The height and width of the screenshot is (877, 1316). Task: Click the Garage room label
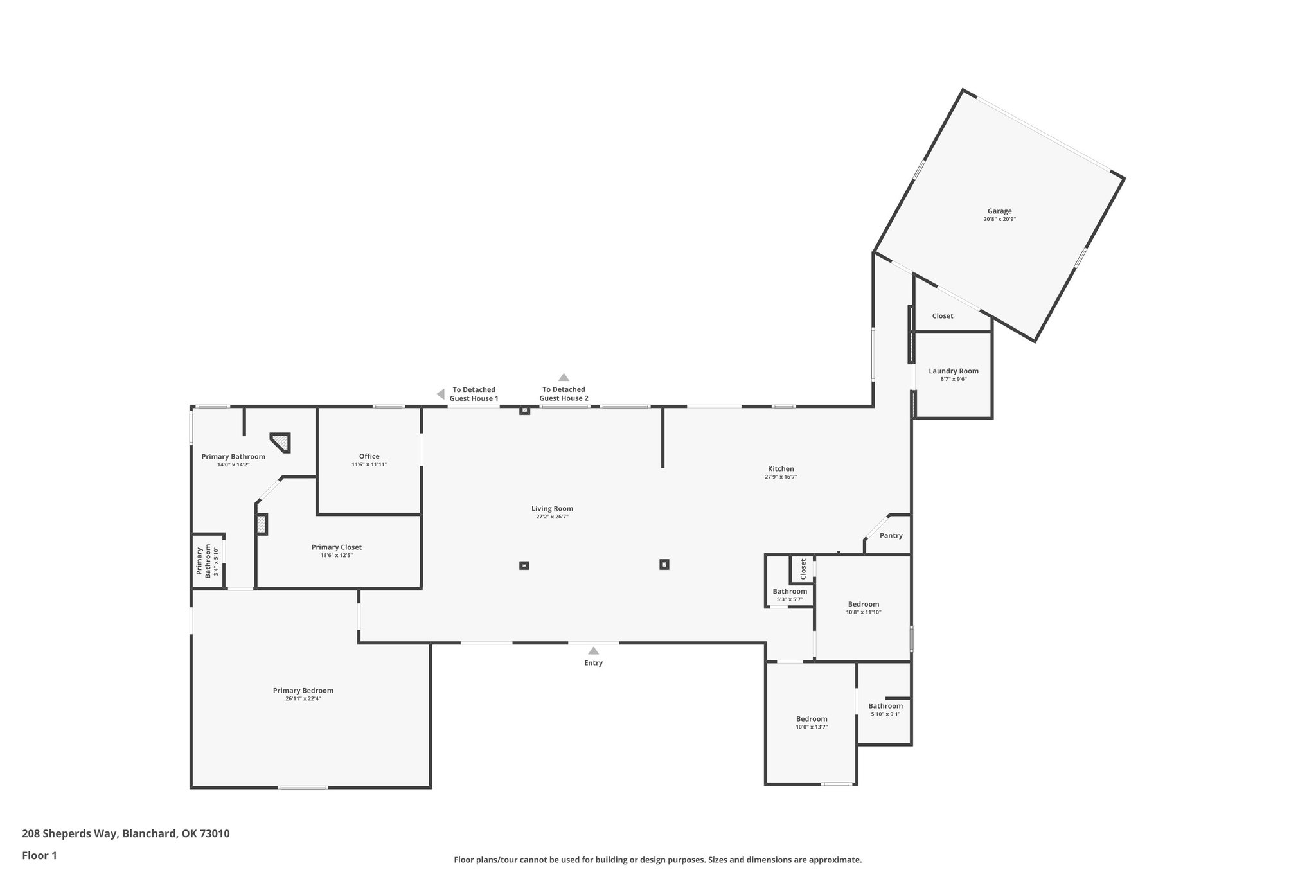(999, 211)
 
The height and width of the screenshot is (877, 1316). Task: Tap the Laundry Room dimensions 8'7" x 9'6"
(954, 379)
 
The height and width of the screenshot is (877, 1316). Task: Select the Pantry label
(891, 535)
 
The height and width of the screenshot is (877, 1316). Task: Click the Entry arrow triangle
(593, 651)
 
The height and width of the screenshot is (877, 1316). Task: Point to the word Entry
(593, 663)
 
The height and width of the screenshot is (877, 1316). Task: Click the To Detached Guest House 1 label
(474, 394)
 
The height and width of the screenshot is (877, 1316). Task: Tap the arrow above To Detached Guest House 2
(564, 377)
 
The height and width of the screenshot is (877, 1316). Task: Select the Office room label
(369, 456)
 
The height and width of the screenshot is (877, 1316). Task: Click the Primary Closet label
(336, 547)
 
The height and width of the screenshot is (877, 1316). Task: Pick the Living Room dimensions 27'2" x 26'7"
(552, 517)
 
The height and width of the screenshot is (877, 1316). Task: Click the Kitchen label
(781, 469)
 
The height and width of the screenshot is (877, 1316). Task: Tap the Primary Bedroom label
(303, 691)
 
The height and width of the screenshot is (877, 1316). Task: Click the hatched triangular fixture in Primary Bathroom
(281, 442)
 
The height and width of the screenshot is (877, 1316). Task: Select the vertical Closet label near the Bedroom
(803, 569)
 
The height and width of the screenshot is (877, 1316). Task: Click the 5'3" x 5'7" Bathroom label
(790, 592)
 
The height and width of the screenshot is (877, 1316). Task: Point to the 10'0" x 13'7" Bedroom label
(812, 719)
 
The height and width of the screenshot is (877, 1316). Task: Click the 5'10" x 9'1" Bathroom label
(885, 706)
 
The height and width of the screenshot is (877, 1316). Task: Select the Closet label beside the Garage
(942, 316)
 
